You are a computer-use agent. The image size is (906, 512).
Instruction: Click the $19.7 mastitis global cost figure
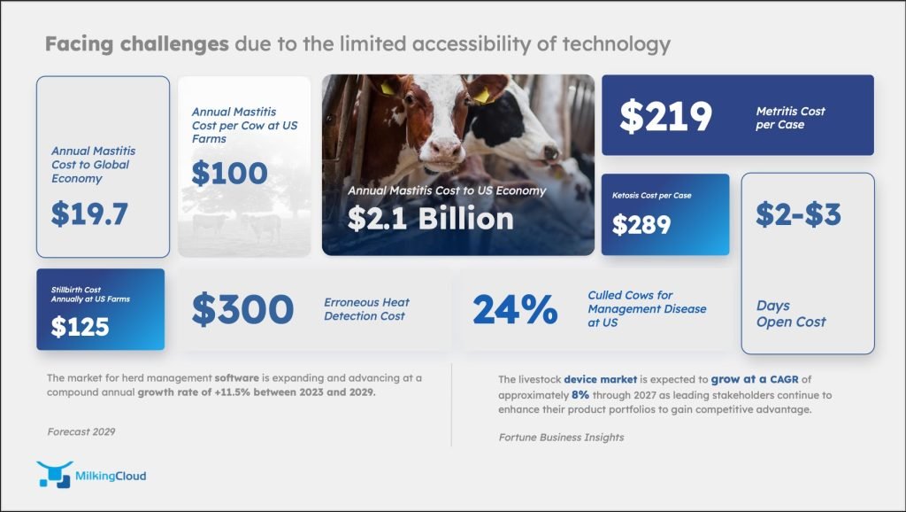[89, 213]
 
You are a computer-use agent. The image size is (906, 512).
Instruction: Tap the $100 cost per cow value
[229, 173]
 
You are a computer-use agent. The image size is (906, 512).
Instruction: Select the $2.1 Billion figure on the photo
[431, 219]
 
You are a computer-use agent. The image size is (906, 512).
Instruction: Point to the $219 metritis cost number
[665, 116]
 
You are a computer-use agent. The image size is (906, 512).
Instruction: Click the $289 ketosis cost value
[641, 224]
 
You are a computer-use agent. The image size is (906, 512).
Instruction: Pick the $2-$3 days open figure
[799, 214]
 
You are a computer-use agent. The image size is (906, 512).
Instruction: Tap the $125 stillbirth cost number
[80, 327]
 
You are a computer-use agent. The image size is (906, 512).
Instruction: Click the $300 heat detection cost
[242, 309]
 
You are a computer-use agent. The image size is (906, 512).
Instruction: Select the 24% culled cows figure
[516, 309]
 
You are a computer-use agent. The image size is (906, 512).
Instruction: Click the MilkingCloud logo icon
[54, 475]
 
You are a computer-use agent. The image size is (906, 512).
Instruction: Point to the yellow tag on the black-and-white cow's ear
[480, 96]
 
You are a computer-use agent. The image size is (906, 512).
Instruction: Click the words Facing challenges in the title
[137, 44]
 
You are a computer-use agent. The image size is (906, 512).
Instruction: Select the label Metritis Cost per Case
[790, 118]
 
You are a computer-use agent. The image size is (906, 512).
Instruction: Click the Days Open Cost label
[791, 314]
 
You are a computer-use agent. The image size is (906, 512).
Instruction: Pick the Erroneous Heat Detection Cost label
[366, 309]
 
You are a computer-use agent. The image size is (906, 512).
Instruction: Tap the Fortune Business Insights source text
[561, 438]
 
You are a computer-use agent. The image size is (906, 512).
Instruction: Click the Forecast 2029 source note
[81, 431]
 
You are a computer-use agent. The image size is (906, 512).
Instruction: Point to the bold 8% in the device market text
[580, 395]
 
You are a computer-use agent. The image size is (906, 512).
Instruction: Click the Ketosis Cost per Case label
[652, 196]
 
